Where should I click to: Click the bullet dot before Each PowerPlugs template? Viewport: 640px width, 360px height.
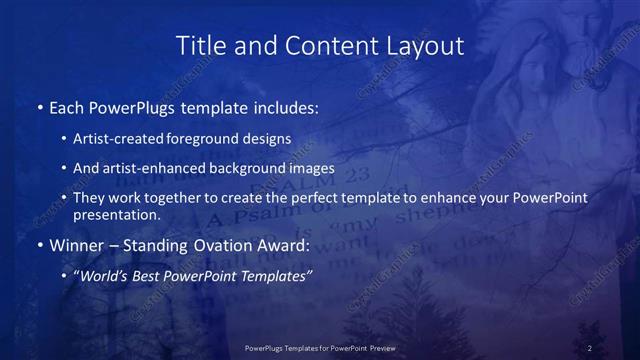(x=39, y=106)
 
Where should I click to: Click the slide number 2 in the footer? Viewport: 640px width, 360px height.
(x=590, y=347)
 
